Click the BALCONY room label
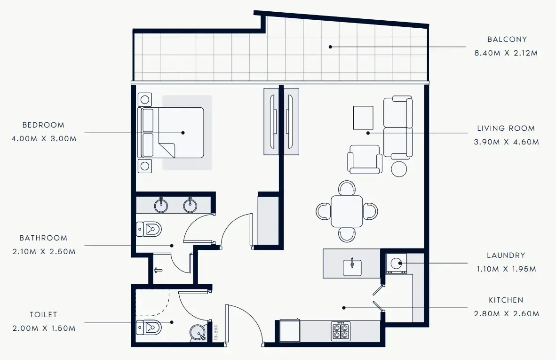(x=507, y=40)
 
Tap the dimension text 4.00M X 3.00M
(x=43, y=139)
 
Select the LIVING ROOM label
(x=506, y=128)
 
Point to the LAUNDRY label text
(x=506, y=256)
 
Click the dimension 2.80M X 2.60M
(x=506, y=314)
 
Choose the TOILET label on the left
(x=43, y=314)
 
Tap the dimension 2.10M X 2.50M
(x=44, y=252)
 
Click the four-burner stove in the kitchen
(x=340, y=331)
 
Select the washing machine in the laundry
(x=396, y=264)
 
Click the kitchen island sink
(x=352, y=267)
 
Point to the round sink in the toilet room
(x=199, y=333)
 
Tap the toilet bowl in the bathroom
(x=149, y=229)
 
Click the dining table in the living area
(x=347, y=211)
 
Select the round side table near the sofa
(x=399, y=168)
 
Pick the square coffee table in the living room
(x=363, y=118)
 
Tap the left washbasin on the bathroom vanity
(x=161, y=204)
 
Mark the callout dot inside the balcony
(x=330, y=47)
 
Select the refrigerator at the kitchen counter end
(x=289, y=331)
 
